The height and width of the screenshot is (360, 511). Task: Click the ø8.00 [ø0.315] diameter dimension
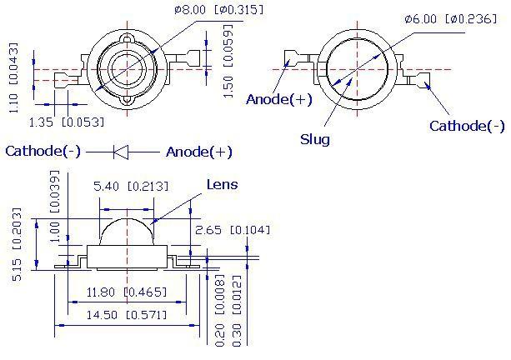218,9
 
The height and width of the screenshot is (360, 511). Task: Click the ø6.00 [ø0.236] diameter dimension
451,19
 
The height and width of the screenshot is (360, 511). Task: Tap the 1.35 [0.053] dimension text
67,122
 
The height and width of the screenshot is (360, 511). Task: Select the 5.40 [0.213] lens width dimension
132,187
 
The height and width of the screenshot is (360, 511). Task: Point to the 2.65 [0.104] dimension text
233,230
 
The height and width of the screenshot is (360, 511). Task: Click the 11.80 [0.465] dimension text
127,292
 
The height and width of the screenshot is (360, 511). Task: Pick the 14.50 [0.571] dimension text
127,315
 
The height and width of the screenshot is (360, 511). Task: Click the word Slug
315,139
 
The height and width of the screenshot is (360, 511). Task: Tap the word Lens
223,184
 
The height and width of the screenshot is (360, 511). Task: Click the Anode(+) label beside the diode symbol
198,152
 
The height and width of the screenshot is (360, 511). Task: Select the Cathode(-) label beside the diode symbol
43,151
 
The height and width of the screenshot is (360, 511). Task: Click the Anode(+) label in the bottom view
279,99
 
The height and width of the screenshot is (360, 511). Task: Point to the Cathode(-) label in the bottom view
467,126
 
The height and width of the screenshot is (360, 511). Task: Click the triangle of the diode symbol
121,152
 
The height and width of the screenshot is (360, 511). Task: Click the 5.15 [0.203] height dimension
17,244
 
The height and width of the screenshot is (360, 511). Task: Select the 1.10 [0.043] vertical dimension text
13,77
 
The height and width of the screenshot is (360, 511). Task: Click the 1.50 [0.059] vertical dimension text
228,61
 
